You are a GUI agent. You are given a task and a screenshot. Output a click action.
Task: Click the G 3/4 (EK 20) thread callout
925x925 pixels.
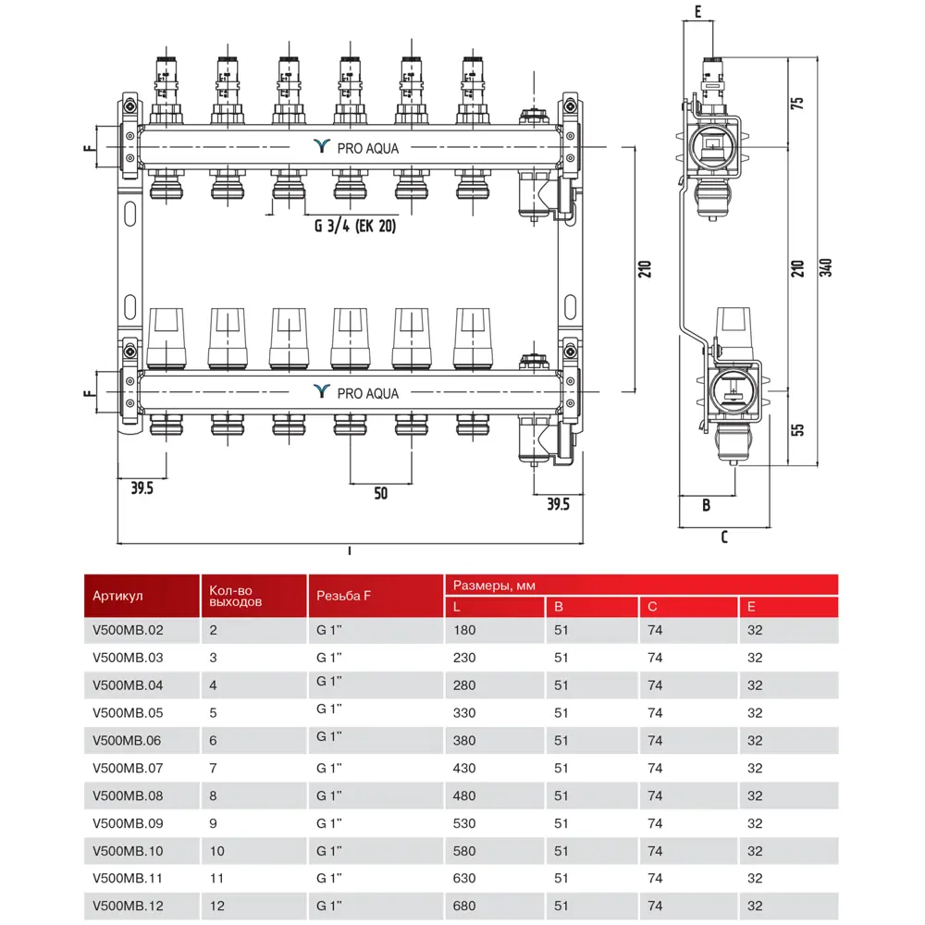point(354,227)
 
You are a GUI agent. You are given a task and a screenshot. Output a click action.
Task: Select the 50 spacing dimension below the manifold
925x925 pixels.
point(381,494)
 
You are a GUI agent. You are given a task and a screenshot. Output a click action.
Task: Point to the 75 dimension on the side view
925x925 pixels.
point(798,102)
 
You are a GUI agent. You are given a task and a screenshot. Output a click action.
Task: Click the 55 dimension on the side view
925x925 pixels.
point(798,429)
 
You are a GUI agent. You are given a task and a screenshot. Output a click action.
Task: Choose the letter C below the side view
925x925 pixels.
point(724,536)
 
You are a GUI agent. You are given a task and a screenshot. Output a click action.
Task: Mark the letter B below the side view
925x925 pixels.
point(706,505)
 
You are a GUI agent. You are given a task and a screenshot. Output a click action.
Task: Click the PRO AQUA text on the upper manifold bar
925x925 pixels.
point(367,146)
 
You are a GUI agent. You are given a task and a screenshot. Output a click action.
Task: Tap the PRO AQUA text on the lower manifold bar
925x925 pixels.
point(367,393)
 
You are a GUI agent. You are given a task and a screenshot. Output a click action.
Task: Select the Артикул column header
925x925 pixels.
point(118,597)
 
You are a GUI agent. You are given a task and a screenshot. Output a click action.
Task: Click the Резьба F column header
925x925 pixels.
point(343,597)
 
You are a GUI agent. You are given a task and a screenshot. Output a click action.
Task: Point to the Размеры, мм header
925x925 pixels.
point(494,586)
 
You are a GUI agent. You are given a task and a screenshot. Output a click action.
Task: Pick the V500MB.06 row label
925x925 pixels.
point(128,740)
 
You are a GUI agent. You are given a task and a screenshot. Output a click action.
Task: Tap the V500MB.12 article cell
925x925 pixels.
point(128,905)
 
